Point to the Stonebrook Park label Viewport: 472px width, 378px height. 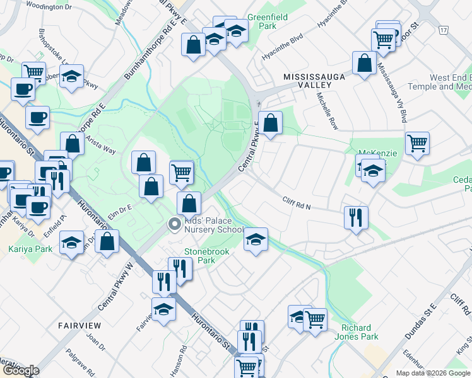pos(204,255)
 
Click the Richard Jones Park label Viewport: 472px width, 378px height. pos(360,332)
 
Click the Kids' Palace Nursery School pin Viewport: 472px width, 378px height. pos(174,224)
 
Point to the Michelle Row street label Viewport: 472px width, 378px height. pos(328,109)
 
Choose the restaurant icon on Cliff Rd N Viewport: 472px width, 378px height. pos(357,218)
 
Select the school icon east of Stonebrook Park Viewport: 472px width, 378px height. pos(256,239)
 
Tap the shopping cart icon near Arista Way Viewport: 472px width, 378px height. pos(182,172)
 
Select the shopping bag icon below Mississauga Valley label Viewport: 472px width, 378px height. pos(364,64)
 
